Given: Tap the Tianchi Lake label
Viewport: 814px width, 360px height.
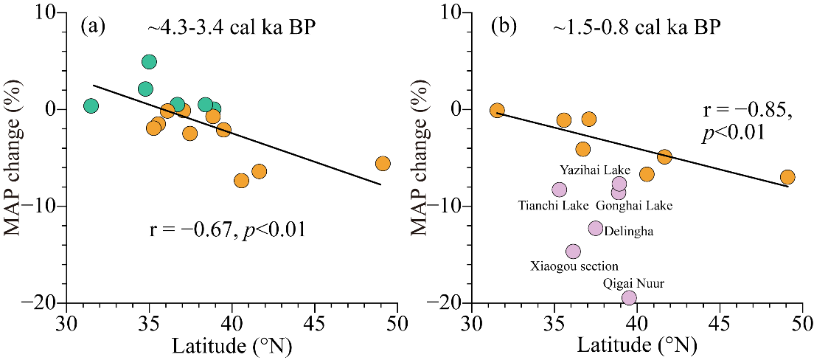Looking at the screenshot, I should tap(544, 205).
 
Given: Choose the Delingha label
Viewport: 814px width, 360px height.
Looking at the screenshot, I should tap(628, 231).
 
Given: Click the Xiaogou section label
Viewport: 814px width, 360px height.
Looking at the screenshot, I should tap(574, 266).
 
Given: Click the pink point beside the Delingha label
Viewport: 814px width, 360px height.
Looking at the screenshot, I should tap(596, 229).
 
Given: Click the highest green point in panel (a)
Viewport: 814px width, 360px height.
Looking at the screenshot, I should tap(149, 62).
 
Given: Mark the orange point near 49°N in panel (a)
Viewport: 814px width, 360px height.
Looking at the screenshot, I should tap(383, 164).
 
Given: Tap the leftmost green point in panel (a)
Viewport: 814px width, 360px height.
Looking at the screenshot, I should tap(91, 106).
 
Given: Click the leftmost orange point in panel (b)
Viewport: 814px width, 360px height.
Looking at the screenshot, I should tap(497, 111).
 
